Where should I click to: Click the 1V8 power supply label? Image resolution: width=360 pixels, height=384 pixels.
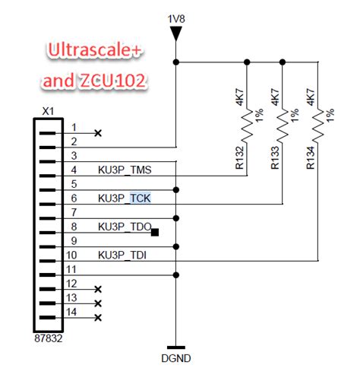point(176,16)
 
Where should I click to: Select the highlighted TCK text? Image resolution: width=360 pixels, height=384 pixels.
point(140,198)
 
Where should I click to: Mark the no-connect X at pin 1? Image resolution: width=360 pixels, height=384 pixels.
point(97,133)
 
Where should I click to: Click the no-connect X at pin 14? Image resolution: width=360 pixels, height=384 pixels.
point(97,317)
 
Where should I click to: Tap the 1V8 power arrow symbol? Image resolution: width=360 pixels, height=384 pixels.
point(176,33)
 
